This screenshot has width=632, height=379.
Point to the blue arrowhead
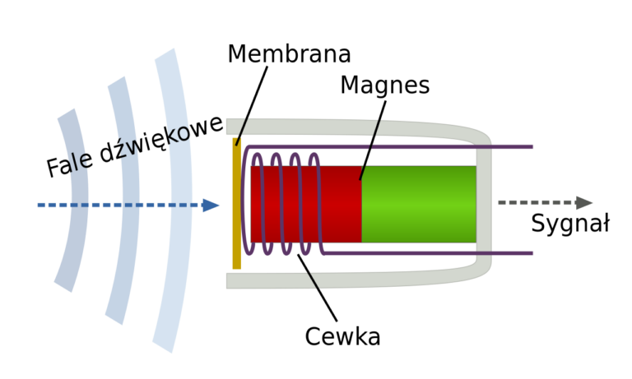point(211,206)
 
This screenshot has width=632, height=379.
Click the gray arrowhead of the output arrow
point(584,203)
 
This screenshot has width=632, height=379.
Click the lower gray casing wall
point(370,280)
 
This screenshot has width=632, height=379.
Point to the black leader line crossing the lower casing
point(313,280)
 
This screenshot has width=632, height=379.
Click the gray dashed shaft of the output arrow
point(535,203)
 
